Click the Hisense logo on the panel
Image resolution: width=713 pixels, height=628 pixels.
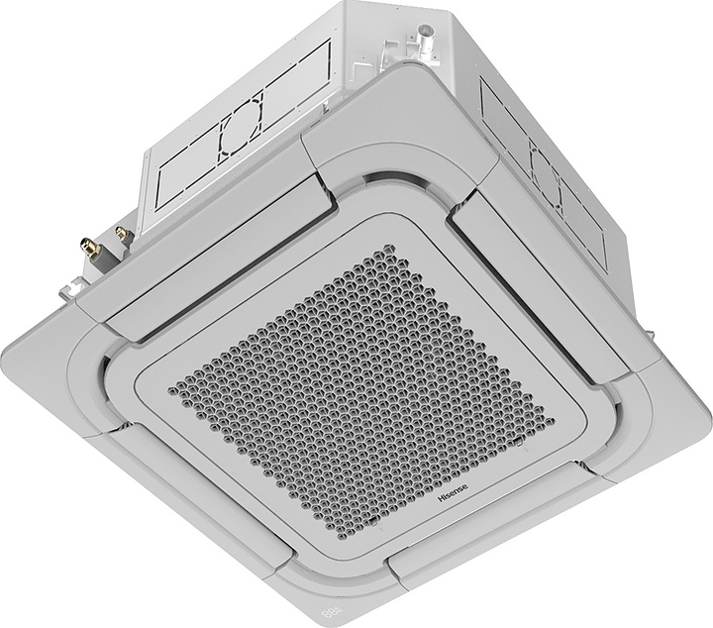pyautogui.click(x=459, y=499)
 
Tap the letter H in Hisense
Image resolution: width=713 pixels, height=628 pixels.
pyautogui.click(x=442, y=510)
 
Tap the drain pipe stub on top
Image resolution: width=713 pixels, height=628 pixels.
pyautogui.click(x=426, y=38)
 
